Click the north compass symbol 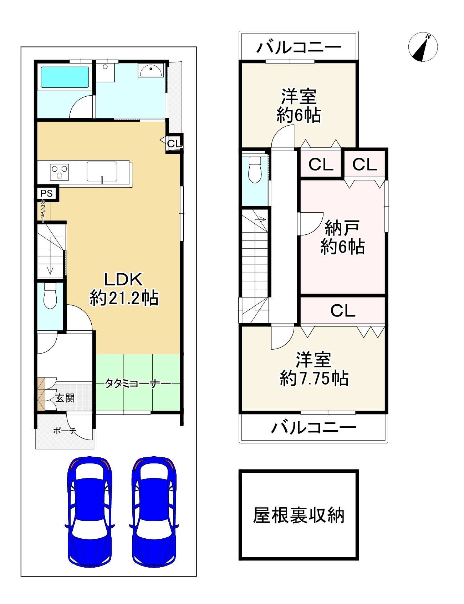pyautogui.click(x=423, y=47)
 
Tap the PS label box pyautogui.click(x=46, y=193)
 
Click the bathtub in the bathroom pyautogui.click(x=65, y=77)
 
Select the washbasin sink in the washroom pyautogui.click(x=151, y=71)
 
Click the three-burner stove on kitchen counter pyautogui.click(x=60, y=172)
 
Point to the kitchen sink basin pyautogui.click(x=102, y=171)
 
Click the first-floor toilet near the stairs pyautogui.click(x=50, y=296)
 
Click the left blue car pyautogui.click(x=90, y=512)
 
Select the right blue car pyautogui.click(x=154, y=512)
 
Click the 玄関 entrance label pyautogui.click(x=65, y=398)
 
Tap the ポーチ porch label pyautogui.click(x=65, y=431)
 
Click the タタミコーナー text pyautogui.click(x=138, y=384)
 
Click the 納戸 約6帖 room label pyautogui.click(x=342, y=237)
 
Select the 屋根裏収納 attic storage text pyautogui.click(x=299, y=515)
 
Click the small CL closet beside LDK pyautogui.click(x=174, y=143)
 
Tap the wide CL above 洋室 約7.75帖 pyautogui.click(x=343, y=311)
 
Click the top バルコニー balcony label pyautogui.click(x=299, y=47)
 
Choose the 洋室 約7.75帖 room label pyautogui.click(x=314, y=369)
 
